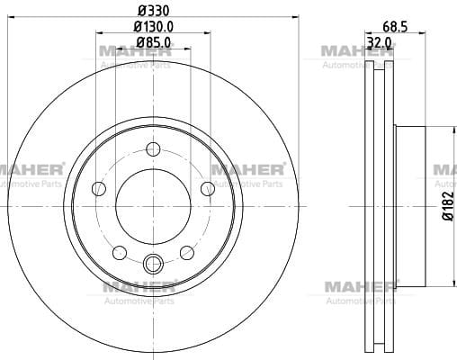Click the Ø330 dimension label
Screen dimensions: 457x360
tap(154, 11)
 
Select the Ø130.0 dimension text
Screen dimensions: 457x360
tap(154, 27)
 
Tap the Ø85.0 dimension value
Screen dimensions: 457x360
tap(154, 42)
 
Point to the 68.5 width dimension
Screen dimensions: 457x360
tap(395, 27)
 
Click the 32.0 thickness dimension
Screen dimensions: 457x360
tap(380, 42)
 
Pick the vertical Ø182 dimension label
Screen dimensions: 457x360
tap(448, 206)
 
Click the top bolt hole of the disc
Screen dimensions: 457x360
tap(153, 149)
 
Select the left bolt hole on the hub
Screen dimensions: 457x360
tap(99, 189)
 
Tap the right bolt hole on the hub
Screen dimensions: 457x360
tap(208, 189)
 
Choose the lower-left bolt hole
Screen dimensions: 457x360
tap(120, 253)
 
